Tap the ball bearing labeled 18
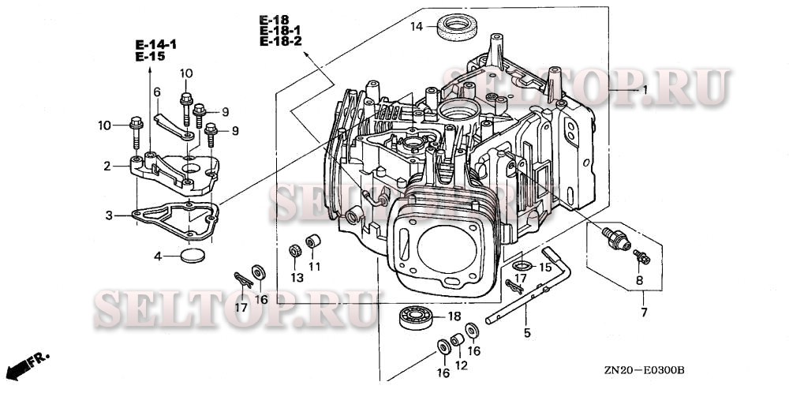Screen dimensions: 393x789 [417, 318]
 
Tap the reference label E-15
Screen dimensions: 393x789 [149, 58]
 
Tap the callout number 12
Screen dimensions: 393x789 [462, 365]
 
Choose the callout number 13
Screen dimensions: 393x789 [296, 278]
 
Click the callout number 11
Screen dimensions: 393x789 [315, 266]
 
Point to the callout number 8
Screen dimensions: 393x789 [638, 279]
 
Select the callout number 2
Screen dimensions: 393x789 [107, 167]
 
